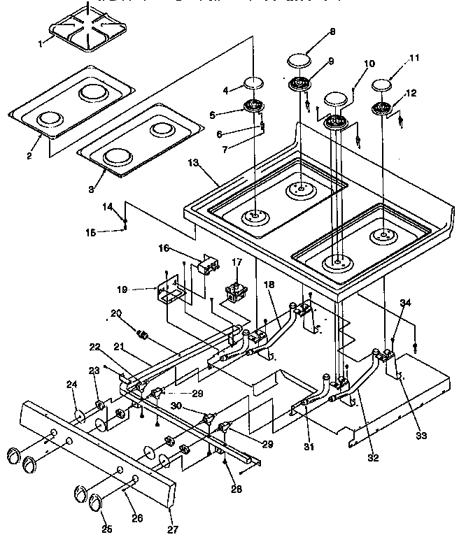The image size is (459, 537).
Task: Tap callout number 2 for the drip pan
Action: point(29,155)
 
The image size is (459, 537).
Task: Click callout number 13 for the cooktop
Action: point(194,164)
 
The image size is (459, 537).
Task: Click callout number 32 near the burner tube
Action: point(374,459)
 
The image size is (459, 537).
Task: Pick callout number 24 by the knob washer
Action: point(71,403)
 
